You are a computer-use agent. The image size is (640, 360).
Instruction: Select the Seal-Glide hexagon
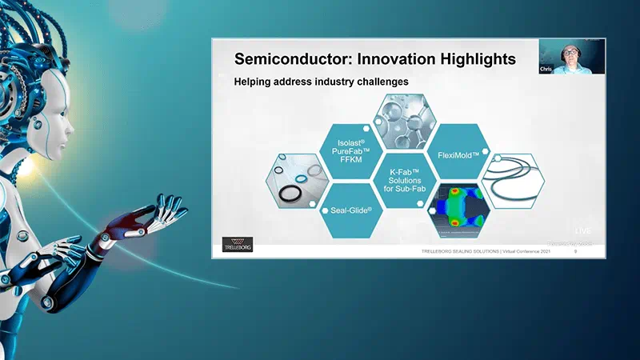coord(342,212)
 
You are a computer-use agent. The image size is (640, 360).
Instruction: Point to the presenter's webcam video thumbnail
coord(572,57)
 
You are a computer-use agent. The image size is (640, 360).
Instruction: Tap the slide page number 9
coord(575,252)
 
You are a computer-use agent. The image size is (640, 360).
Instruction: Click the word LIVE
coord(582,231)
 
